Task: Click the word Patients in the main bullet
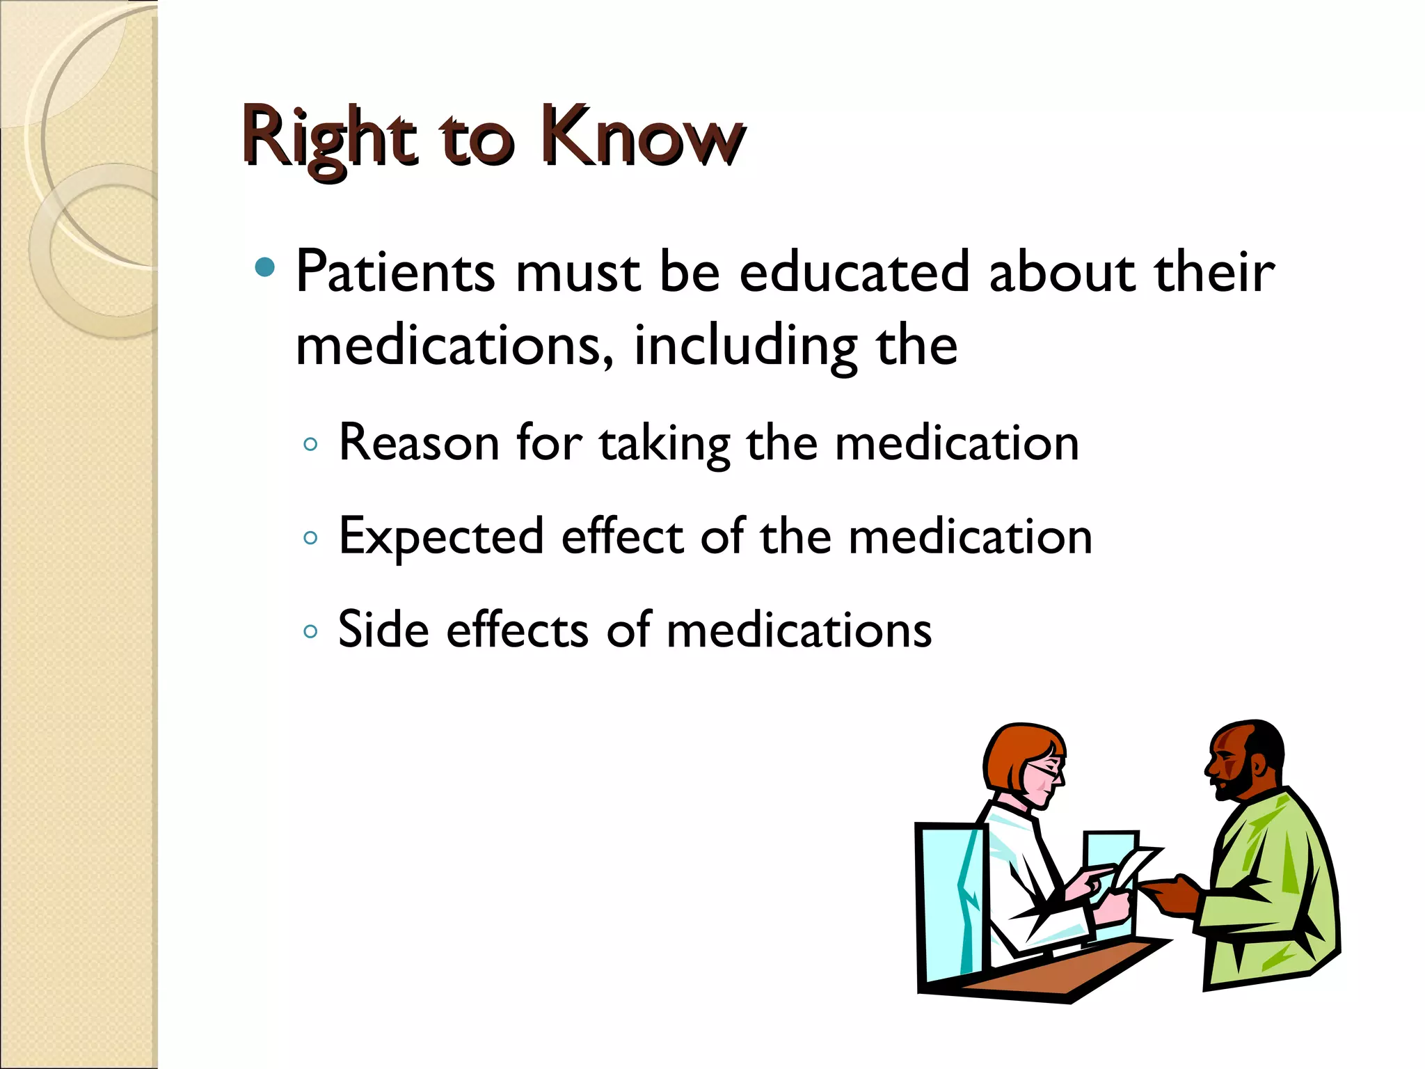click(x=395, y=272)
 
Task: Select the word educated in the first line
click(x=854, y=272)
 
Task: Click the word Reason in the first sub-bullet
click(x=419, y=443)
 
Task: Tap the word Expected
click(x=441, y=538)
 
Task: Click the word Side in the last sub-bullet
click(x=383, y=630)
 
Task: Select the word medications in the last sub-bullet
click(x=799, y=630)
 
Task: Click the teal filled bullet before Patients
click(x=264, y=267)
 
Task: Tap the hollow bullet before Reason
click(x=311, y=444)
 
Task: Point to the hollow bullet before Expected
click(x=311, y=537)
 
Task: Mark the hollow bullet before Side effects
click(x=311, y=631)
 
